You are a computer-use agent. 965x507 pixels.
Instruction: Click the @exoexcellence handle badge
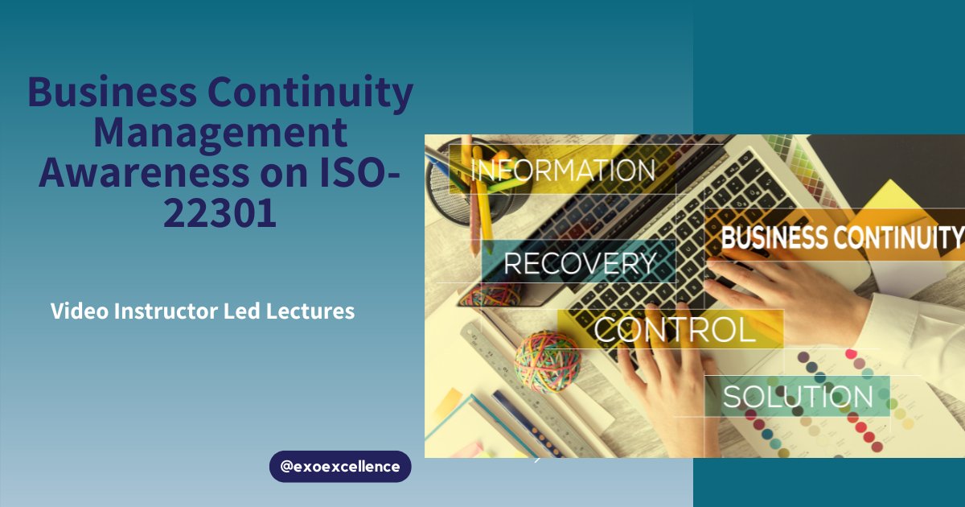(340, 467)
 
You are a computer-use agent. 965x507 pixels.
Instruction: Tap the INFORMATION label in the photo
(562, 171)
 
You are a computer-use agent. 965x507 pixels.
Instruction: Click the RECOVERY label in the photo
(580, 263)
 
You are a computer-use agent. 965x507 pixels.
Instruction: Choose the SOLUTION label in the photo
(797, 396)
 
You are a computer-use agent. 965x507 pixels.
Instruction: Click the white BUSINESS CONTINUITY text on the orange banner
(841, 238)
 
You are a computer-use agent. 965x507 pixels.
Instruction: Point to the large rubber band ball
(547, 361)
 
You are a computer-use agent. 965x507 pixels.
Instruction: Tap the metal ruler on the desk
(515, 386)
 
